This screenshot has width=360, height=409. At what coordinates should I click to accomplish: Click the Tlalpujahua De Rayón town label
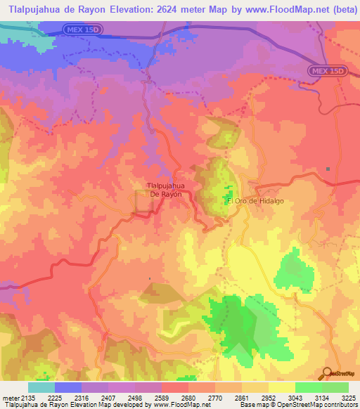pos(165,190)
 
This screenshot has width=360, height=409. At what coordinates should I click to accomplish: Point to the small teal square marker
pos(328,169)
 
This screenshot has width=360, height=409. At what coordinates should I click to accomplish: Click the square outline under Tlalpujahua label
pos(145,202)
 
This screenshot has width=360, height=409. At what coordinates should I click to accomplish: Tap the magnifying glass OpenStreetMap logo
pos(328,373)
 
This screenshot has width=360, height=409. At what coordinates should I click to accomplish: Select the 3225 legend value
pos(348,397)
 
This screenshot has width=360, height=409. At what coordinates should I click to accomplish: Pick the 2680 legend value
pos(188,397)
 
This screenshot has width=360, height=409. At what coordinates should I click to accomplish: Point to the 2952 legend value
pos(268,397)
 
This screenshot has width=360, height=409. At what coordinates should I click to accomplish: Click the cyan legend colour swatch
pos(41,387)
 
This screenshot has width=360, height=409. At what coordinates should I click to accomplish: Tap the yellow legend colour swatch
pos(282,387)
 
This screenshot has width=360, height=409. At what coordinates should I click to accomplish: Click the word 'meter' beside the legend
pos(10,397)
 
